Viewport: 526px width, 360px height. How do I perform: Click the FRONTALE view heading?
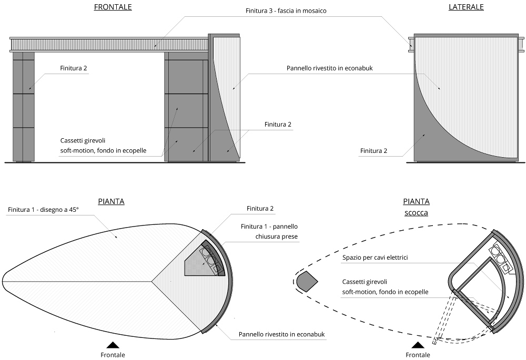point(113,7)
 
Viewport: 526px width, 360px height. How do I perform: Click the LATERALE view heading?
point(466,7)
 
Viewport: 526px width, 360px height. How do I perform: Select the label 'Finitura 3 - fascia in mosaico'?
point(286,11)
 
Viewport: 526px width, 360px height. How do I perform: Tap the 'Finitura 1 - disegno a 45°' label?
point(43,210)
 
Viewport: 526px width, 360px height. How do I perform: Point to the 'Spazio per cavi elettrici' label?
point(375,258)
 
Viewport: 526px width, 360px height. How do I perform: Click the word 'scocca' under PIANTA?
point(416,213)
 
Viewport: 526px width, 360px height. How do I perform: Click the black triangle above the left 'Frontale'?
point(113,345)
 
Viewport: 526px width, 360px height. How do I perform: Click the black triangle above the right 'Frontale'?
point(418,345)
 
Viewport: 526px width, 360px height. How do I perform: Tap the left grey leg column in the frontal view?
point(24,107)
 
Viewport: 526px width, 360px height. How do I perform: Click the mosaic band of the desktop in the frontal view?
point(109,45)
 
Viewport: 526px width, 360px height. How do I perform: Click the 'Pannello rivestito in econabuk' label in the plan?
point(282,334)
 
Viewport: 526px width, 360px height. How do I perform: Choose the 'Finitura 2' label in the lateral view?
point(373,151)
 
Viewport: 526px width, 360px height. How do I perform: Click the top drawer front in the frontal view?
point(186,76)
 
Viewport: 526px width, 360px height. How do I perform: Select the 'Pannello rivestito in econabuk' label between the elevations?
point(330,68)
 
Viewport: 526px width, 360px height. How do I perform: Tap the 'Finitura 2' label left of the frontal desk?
point(74,68)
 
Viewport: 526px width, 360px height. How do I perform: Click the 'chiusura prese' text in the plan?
point(277,236)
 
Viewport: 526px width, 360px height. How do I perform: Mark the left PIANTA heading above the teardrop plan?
point(111,201)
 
